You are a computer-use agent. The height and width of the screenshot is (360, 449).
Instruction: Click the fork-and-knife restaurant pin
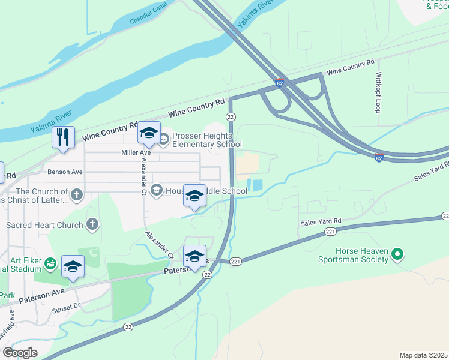click(x=63, y=137)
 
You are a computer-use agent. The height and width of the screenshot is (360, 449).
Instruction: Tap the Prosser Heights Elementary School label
click(x=206, y=140)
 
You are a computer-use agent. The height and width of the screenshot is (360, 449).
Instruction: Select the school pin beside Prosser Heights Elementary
click(x=149, y=133)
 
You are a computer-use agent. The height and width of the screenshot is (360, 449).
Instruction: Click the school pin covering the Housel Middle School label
click(x=194, y=196)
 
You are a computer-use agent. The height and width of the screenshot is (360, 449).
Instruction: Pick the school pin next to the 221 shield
click(x=194, y=257)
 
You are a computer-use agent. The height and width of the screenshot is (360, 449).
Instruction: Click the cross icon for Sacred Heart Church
click(x=92, y=225)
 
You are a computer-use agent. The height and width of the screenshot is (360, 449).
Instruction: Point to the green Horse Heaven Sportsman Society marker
click(x=397, y=256)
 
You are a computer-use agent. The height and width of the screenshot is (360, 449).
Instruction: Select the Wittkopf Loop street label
click(x=378, y=93)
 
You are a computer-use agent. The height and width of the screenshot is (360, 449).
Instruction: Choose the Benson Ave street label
click(x=65, y=172)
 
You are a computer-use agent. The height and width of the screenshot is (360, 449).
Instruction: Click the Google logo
click(x=20, y=352)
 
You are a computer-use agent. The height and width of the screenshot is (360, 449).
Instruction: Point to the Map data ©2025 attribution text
click(x=424, y=355)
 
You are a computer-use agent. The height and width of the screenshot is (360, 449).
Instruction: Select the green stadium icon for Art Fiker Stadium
click(x=50, y=262)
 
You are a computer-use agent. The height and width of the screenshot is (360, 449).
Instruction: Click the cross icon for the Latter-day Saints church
click(x=76, y=194)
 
